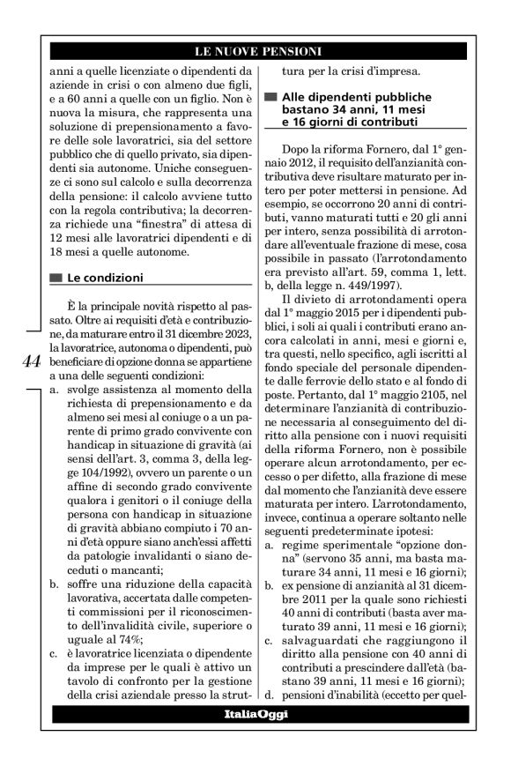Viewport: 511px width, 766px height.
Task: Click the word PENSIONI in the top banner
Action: [290, 50]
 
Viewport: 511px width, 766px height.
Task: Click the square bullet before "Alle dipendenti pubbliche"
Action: [270, 95]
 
